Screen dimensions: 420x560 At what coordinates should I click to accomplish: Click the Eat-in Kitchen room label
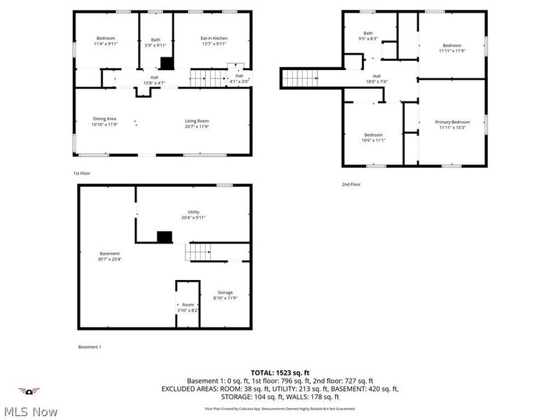tap(214, 38)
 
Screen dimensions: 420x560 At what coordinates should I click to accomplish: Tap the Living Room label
tap(197, 120)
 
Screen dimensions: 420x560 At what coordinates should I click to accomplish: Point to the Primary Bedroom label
tap(454, 122)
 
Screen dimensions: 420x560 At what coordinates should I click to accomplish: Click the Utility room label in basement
tap(193, 211)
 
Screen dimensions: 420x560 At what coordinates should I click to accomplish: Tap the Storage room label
tap(225, 292)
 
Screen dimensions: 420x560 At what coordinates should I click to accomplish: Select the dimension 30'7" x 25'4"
tap(109, 259)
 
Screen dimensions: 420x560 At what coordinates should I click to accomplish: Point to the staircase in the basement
tap(198, 251)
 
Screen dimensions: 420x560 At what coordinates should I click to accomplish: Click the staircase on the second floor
tap(299, 78)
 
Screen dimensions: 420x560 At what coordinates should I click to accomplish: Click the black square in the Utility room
tap(164, 237)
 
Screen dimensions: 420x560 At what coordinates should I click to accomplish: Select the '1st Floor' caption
tap(82, 173)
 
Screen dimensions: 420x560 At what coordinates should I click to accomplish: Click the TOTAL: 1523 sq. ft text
tap(280, 372)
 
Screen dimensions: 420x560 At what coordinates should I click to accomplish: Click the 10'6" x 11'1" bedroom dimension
tap(373, 140)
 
